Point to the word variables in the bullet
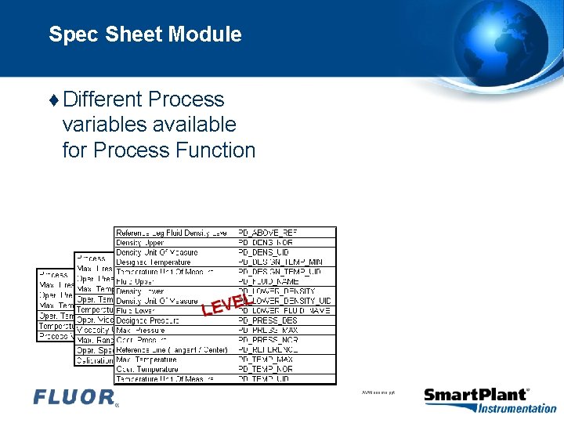(107, 125)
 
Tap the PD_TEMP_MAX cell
(266, 360)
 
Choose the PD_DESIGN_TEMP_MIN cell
(279, 262)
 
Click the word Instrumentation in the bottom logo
(516, 408)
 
